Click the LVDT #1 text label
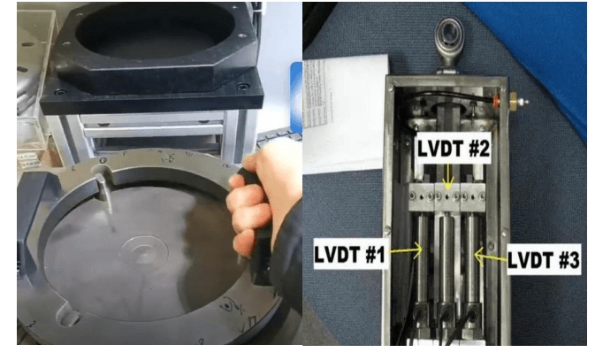pyautogui.click(x=349, y=254)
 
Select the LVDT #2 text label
pyautogui.click(x=454, y=149)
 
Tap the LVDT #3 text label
pyautogui.click(x=544, y=260)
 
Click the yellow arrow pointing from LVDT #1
pyautogui.click(x=406, y=251)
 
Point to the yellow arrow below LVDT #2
pyautogui.click(x=448, y=177)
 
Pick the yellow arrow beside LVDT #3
pyautogui.click(x=491, y=257)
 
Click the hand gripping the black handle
pyautogui.click(x=261, y=200)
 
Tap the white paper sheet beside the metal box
pyautogui.click(x=343, y=111)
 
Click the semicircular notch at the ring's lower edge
pyautogui.click(x=68, y=316)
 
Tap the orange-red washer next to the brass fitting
pyautogui.click(x=498, y=101)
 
